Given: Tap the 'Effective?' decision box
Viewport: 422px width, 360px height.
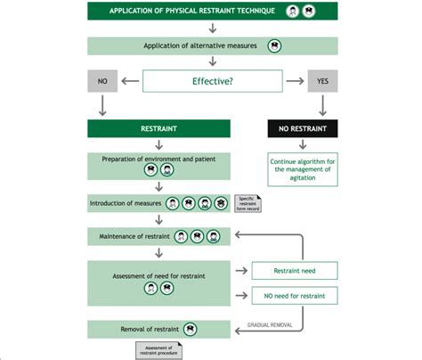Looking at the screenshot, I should point(211,82).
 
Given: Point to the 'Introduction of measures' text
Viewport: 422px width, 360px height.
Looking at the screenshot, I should point(126,203).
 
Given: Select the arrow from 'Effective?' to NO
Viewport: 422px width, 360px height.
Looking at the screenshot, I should point(130,82).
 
